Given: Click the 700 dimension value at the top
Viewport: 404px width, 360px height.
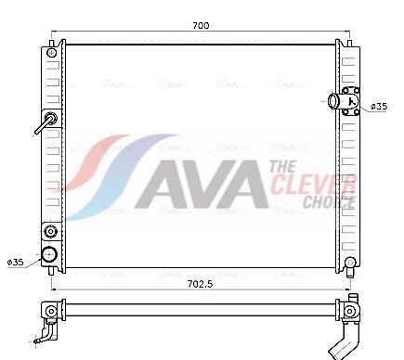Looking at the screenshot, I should [x=200, y=26].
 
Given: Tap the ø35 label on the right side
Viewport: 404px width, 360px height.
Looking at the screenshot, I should [x=379, y=107].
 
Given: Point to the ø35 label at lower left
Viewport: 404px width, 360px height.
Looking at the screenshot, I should [x=16, y=264].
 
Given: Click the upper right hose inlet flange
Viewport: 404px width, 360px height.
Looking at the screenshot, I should [x=350, y=101].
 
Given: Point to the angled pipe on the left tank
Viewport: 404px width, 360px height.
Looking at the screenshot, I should [x=44, y=123].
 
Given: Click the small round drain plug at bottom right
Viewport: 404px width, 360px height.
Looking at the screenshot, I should [x=350, y=264].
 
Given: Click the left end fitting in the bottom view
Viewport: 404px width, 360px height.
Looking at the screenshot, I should [x=46, y=315].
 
